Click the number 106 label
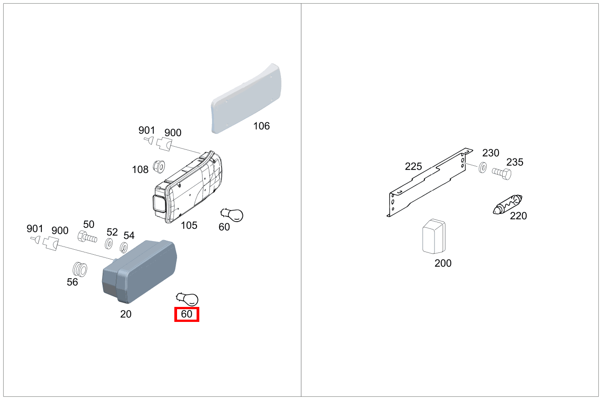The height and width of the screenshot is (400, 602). point(262,126)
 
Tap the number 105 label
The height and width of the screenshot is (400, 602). point(189,225)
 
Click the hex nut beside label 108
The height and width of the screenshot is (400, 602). point(158,167)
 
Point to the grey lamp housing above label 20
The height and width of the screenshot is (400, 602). point(138,272)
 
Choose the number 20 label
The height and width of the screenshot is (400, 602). point(126,314)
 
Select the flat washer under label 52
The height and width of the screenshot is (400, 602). point(109,244)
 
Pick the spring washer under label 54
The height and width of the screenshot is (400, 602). point(123,247)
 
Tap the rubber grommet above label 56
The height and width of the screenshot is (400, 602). point(80,269)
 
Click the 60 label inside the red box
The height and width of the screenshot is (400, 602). point(187,314)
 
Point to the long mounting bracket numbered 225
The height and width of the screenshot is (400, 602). point(427,184)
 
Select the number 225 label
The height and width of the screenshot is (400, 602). point(414,167)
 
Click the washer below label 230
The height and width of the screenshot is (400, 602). point(483,168)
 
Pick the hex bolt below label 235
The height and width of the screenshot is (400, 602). point(501,173)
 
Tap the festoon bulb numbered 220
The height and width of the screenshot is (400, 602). point(508,204)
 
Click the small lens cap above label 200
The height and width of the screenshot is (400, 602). point(434,237)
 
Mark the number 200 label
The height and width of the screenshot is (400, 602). point(443,263)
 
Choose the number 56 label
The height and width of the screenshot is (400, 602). point(72,282)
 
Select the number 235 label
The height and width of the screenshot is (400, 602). point(515,162)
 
